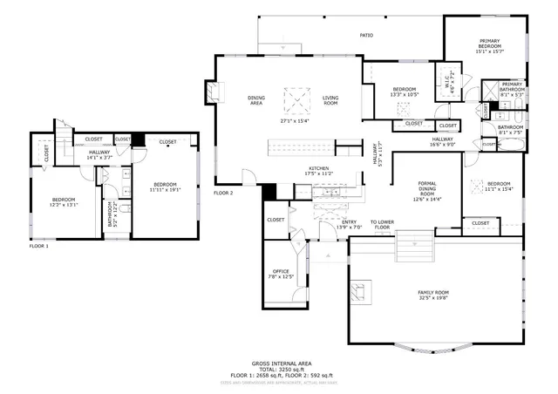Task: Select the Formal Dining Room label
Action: click(427, 190)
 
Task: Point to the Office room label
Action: click(281, 271)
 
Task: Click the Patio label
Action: click(367, 36)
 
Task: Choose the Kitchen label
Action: click(317, 169)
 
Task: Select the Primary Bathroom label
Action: click(512, 87)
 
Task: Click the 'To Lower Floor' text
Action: click(382, 222)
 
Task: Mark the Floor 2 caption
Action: click(224, 193)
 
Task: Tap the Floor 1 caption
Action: click(39, 247)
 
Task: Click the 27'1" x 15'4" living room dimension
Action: click(295, 120)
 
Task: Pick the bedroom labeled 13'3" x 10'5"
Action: click(404, 91)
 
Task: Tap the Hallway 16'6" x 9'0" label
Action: click(442, 142)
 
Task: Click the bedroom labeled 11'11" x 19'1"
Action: click(165, 187)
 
